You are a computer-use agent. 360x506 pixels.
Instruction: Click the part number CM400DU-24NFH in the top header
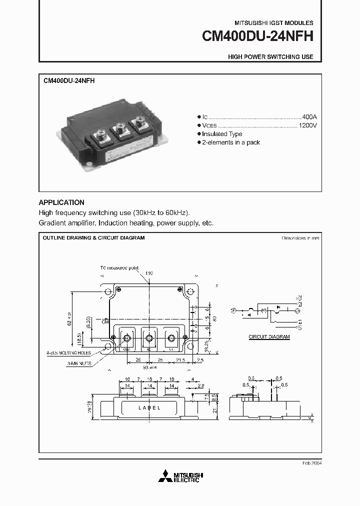pos(257,36)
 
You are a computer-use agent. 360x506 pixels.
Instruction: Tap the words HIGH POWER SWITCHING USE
pos(270,57)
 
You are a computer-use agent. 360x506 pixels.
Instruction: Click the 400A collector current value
pos(309,116)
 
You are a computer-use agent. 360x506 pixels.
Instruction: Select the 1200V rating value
pos(307,125)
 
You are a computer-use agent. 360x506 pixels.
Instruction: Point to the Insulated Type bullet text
pos(222,134)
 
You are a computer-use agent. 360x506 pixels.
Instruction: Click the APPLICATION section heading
pos(61,202)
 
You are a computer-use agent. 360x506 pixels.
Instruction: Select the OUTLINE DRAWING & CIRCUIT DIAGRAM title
pos(93,238)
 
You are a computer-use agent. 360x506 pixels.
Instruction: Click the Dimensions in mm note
pos(300,238)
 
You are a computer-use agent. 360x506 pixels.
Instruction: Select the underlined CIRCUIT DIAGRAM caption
pos(269,337)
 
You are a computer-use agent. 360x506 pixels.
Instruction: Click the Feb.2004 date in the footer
pos(312,463)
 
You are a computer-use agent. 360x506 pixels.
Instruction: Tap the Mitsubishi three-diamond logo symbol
pos(164,477)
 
